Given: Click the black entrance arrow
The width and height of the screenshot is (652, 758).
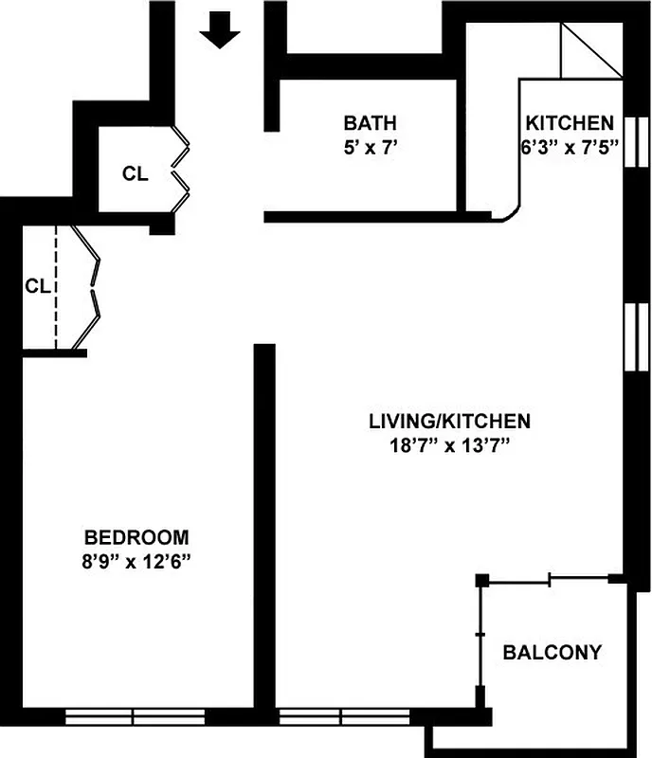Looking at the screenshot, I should pos(220,33).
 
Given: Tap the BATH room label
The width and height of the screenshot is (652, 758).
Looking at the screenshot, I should pos(370,123).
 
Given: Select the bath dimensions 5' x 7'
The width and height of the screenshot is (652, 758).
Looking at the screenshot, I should pos(370,148).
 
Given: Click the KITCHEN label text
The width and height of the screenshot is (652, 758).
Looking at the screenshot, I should pos(570,123).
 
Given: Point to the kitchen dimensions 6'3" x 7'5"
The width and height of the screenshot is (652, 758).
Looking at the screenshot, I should pos(570,148).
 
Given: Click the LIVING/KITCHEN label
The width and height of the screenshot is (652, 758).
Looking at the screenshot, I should pos(449,421).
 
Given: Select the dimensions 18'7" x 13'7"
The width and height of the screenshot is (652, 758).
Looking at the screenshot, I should pos(449,445).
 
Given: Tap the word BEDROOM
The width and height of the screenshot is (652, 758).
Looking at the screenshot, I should pos(136,536).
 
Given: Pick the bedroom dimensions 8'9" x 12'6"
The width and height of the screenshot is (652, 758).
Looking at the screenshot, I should pos(136,561).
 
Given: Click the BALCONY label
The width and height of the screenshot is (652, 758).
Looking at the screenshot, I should pos(552,652).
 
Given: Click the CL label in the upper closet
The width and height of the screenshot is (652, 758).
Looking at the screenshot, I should pos(135,173).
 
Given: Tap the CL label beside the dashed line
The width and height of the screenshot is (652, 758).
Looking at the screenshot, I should pos(36,285).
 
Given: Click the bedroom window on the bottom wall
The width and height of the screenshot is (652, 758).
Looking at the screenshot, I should pos(134,717).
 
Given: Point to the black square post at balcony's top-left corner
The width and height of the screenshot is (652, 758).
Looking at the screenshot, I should pos(482,579).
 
